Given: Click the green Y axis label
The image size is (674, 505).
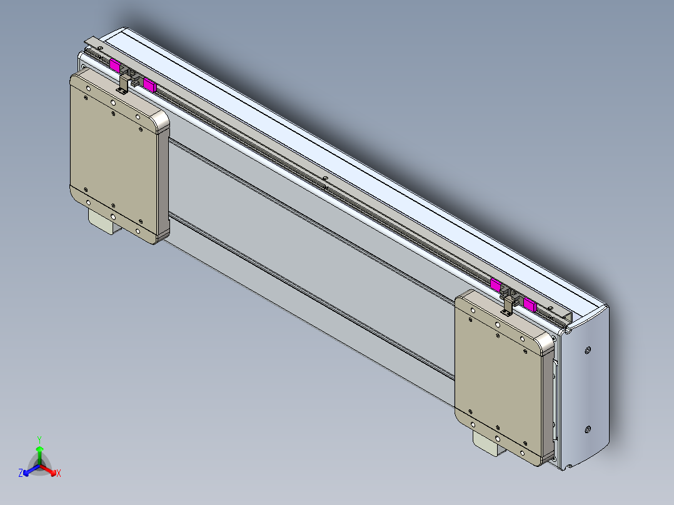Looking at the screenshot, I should click(39, 439).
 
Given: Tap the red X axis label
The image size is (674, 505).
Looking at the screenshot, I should click(58, 474).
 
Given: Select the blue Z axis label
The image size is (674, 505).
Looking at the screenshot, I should click(21, 474).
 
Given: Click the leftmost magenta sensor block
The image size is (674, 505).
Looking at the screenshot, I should click(115, 64).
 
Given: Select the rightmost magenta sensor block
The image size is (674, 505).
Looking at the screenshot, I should click(530, 304).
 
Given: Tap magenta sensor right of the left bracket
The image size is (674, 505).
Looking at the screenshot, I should click(149, 84).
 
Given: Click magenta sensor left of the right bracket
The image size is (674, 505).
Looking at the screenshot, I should click(495, 285).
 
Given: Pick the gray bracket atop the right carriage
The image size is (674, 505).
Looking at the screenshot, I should click(508, 304).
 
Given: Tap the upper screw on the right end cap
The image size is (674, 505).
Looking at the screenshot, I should click(588, 350).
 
